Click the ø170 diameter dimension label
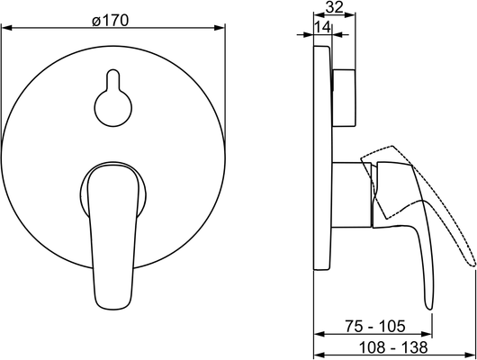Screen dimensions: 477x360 tap(111, 21)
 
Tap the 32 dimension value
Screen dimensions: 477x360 tap(334, 7)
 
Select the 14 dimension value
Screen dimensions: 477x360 tap(322, 27)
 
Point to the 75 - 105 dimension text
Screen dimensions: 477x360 tap(375, 326)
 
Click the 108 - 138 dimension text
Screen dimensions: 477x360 tap(393, 347)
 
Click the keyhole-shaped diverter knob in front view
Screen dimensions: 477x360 tap(113, 98)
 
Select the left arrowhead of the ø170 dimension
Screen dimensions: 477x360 tap(6, 28)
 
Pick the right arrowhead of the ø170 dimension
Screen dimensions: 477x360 tap(220, 28)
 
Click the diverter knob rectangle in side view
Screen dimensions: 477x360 tap(344, 98)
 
